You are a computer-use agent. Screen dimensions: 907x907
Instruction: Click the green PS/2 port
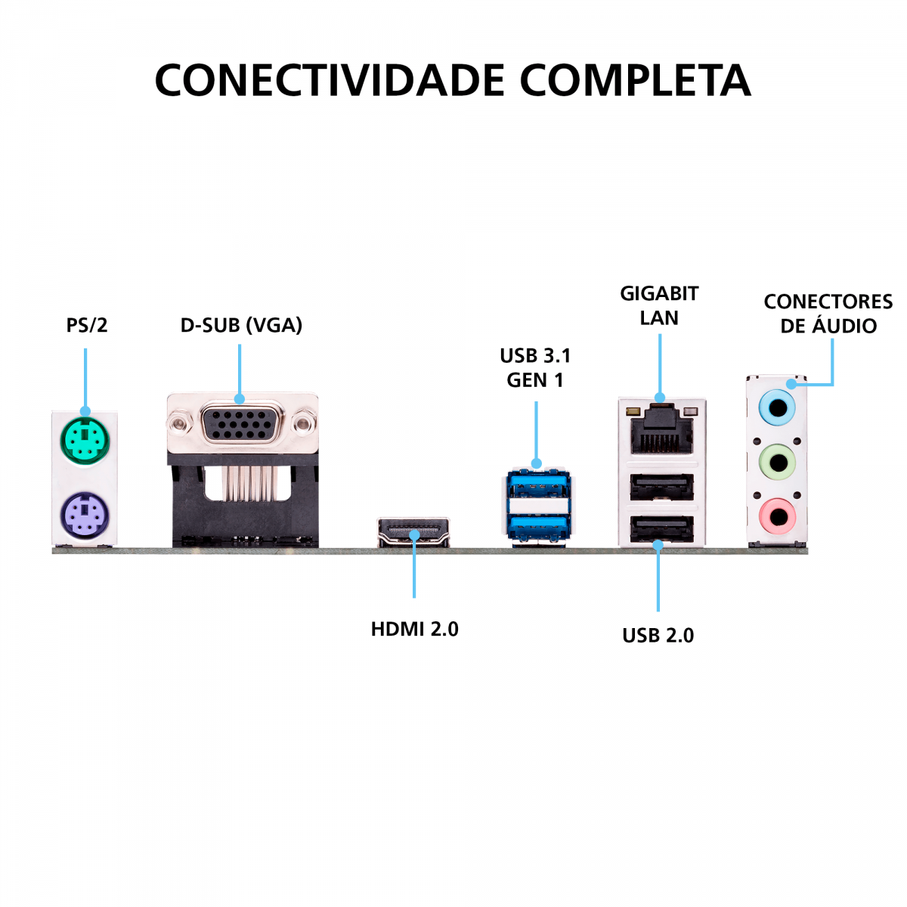[x=85, y=439]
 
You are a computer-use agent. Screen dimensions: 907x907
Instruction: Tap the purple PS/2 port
[x=85, y=516]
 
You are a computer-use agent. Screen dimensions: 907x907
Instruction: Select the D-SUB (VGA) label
[x=241, y=325]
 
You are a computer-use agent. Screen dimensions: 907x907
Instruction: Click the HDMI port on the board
[x=413, y=533]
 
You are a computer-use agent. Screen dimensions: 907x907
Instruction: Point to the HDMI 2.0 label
[x=414, y=629]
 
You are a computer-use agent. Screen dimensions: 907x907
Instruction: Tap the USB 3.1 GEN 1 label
[x=535, y=367]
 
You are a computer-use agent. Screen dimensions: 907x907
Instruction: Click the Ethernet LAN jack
[x=661, y=431]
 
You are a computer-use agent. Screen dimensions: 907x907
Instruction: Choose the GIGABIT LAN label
[x=659, y=305]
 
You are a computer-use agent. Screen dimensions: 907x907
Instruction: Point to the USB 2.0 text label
[x=658, y=636]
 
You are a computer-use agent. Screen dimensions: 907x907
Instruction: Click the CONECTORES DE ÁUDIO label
[x=828, y=314]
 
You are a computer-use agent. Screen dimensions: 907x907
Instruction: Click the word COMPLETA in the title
[x=635, y=80]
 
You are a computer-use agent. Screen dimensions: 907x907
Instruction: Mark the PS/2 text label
[x=87, y=325]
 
